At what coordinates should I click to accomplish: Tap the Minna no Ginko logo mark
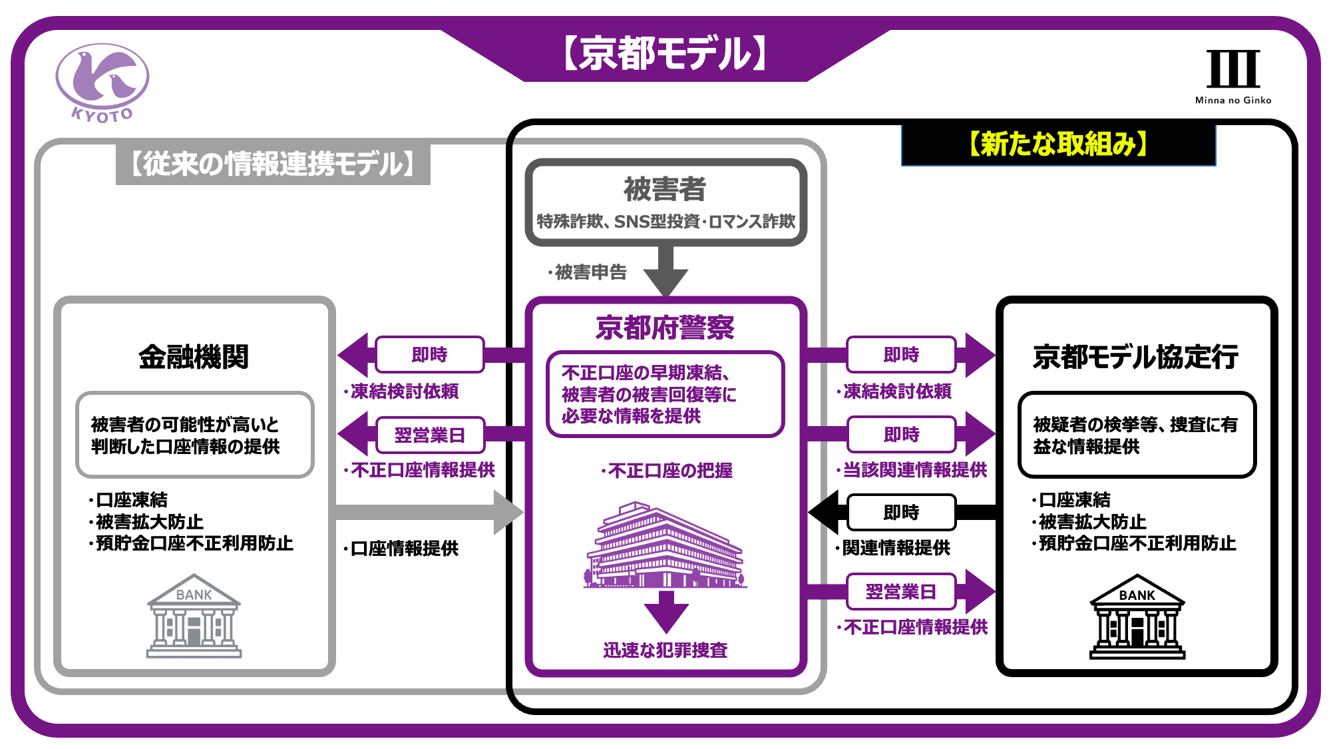(x=1233, y=69)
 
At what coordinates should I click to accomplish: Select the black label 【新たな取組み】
(x=1058, y=144)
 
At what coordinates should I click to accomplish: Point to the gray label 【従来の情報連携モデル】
(x=273, y=164)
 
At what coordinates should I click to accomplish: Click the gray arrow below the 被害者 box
(x=665, y=270)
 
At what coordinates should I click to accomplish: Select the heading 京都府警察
(x=665, y=328)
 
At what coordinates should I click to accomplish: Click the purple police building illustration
(x=665, y=546)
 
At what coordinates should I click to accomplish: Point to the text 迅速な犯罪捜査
(x=665, y=650)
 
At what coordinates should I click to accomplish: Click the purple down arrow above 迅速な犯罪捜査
(x=666, y=611)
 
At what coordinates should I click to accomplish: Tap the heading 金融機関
(x=194, y=357)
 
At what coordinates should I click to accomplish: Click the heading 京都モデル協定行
(x=1135, y=357)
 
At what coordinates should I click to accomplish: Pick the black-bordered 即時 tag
(x=901, y=512)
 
